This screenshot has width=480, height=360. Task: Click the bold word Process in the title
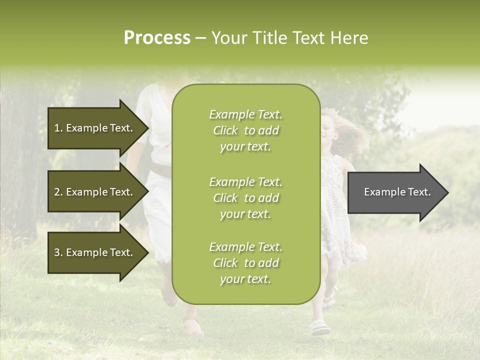tap(157, 38)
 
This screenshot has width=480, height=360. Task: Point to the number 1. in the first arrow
tap(58, 128)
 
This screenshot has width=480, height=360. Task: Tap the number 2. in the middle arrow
tap(58, 192)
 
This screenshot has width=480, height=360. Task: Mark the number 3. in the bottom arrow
tap(58, 252)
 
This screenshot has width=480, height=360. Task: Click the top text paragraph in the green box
tap(245, 130)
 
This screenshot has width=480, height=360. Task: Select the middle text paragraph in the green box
tap(245, 198)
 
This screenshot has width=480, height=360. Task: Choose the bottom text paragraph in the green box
tap(245, 263)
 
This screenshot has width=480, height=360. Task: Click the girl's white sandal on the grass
tap(320, 328)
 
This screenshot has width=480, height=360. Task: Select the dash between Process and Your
tap(200, 38)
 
